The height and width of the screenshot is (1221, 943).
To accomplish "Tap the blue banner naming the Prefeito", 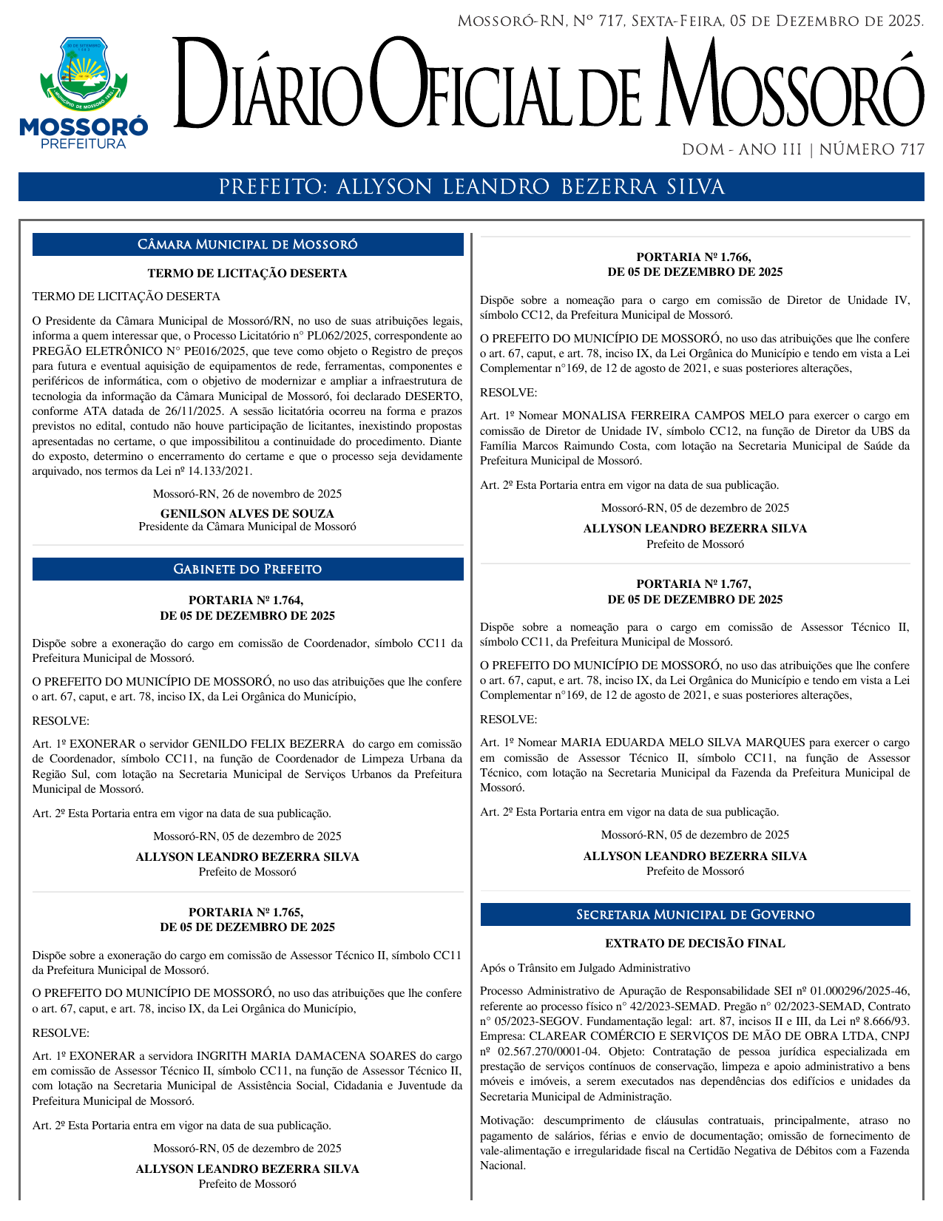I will (x=471, y=187).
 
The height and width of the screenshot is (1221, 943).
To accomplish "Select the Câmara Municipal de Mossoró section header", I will (x=248, y=245).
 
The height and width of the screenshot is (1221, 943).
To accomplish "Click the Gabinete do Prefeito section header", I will (x=248, y=569).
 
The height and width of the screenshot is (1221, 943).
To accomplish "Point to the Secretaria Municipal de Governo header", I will (x=695, y=915).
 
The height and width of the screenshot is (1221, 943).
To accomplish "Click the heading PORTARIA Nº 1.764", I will (x=246, y=601).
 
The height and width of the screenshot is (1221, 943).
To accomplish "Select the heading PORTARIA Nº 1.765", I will (x=246, y=913).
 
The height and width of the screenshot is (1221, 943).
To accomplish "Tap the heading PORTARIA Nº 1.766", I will (x=694, y=257).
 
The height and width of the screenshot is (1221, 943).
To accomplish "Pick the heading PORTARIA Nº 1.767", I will (x=694, y=584).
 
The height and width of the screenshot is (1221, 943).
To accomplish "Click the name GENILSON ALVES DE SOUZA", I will (x=247, y=513).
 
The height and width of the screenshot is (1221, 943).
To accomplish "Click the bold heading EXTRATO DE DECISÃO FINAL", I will (x=695, y=944).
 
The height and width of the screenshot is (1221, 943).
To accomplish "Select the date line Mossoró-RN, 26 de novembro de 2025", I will (x=247, y=494).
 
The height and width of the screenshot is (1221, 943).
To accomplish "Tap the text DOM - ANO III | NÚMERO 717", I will (x=802, y=150).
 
